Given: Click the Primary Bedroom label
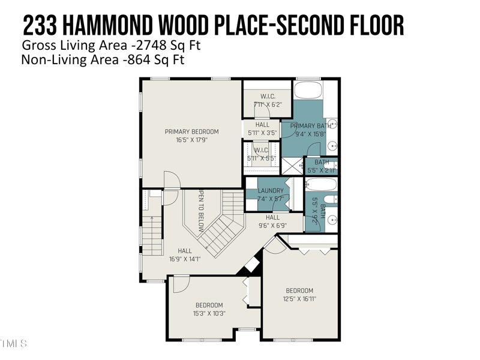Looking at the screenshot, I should point(192,131).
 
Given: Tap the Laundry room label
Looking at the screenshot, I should point(271,191).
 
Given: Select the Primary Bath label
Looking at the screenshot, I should point(311,126).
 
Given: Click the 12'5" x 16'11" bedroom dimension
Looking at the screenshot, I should point(299,298).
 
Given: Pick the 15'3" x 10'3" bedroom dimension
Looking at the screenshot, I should point(209,313).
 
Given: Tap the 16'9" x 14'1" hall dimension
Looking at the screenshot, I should point(185,259).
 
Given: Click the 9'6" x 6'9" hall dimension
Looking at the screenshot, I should point(272,226).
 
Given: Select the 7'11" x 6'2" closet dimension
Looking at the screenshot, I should point(267,104).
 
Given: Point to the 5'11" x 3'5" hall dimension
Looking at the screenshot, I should point(262,133).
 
